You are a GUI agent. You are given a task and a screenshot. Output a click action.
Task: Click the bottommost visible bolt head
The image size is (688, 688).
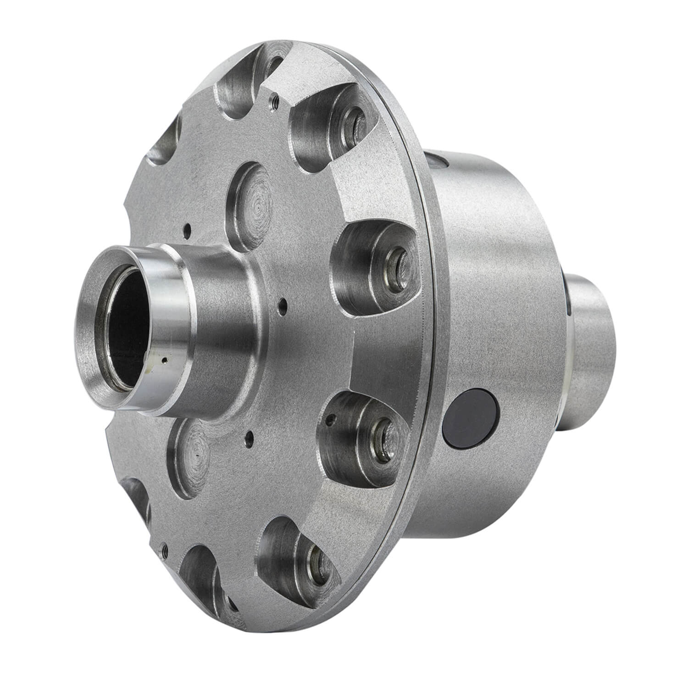pos(316,559)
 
